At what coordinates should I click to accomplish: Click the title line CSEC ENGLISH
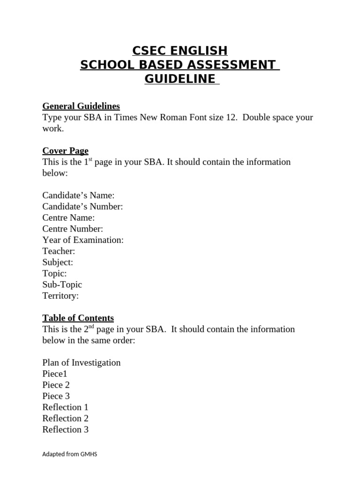click(180, 51)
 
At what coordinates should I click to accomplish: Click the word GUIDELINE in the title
click(180, 79)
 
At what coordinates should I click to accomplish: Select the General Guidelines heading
click(81, 106)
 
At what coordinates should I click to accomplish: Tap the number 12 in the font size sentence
click(231, 117)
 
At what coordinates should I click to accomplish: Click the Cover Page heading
click(65, 150)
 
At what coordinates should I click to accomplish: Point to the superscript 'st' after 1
click(90, 160)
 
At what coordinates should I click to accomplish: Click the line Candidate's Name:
click(78, 195)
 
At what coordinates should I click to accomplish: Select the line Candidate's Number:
click(82, 206)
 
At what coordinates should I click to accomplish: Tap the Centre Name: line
click(68, 217)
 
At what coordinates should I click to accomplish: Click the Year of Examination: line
click(83, 240)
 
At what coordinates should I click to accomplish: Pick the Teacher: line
click(59, 251)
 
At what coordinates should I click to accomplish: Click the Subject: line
click(58, 262)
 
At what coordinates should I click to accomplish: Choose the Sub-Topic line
click(62, 285)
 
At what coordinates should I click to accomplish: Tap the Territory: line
click(60, 296)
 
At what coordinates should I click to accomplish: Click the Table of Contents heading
click(78, 318)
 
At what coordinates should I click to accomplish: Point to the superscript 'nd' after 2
click(91, 327)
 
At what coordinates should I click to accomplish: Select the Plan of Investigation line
click(82, 362)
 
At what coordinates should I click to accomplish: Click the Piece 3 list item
click(56, 396)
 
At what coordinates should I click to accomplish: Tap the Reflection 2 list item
click(65, 418)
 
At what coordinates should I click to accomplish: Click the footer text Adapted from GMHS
click(69, 454)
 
